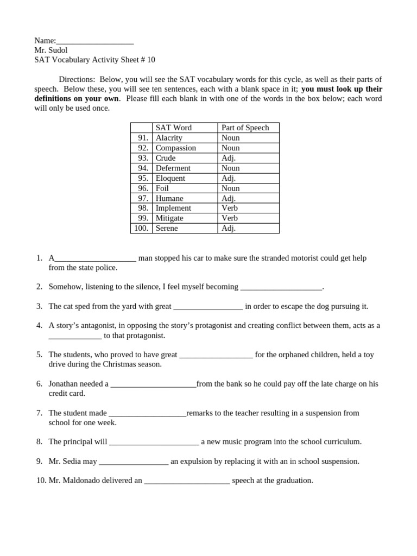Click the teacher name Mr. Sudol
click(51, 50)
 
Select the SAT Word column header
click(173, 128)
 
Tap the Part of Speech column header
click(245, 128)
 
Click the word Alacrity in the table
click(169, 138)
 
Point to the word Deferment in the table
click(173, 168)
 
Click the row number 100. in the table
click(141, 229)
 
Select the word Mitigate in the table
click(169, 218)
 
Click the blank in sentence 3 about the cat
click(208, 307)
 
